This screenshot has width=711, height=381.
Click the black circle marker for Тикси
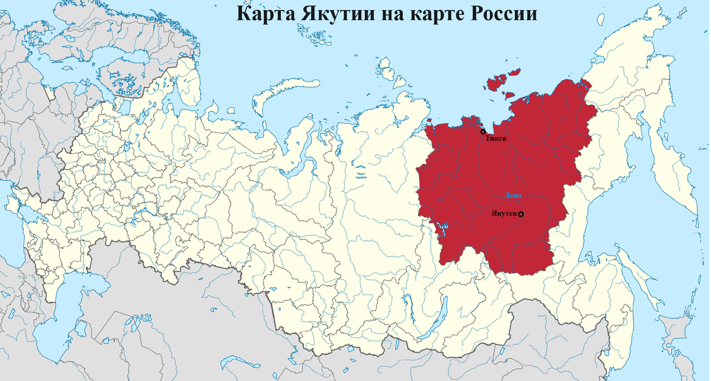click(483, 132)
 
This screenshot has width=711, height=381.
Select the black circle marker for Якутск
click(521, 214)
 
